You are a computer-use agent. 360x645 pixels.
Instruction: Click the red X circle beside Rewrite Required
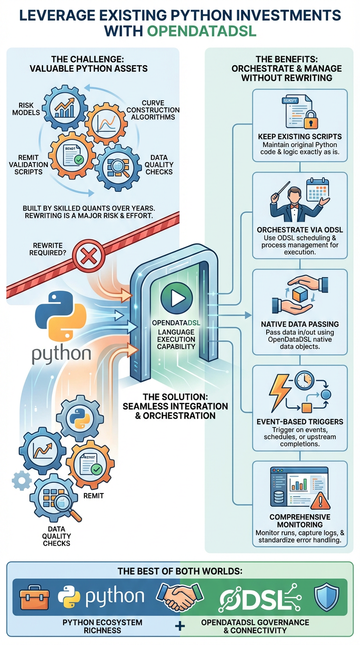click(87, 256)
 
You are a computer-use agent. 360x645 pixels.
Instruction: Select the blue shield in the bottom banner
click(326, 596)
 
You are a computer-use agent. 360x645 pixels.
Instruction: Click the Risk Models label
click(30, 109)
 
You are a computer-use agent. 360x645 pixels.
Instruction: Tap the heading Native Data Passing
click(300, 324)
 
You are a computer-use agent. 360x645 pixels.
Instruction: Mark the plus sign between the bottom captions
click(180, 626)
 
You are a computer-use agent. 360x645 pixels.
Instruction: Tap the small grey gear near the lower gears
click(21, 480)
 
